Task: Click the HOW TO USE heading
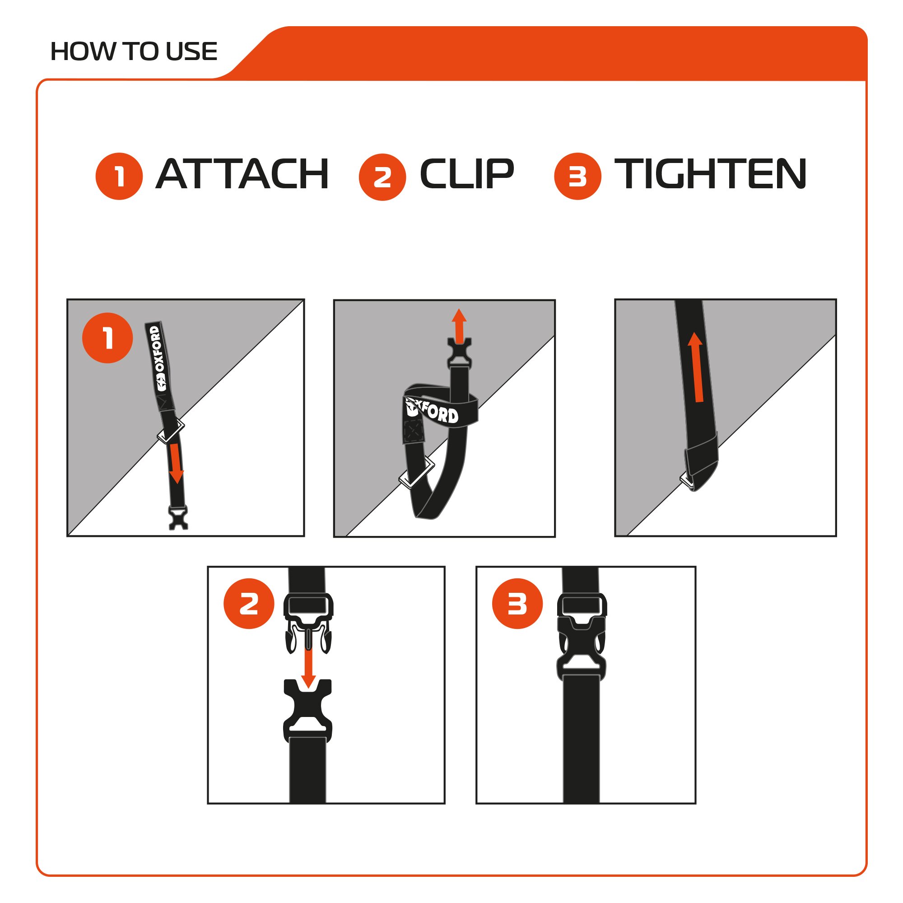134,51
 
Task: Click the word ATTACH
242,174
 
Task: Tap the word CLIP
466,174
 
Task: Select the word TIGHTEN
710,174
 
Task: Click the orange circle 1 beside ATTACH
119,176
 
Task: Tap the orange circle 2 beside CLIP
382,177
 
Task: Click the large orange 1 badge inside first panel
107,338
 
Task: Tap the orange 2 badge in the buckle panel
249,604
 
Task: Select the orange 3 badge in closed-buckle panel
517,604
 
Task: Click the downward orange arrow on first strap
176,463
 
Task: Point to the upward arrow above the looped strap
459,325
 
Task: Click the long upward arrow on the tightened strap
696,368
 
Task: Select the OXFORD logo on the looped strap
433,411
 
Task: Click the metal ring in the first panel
171,431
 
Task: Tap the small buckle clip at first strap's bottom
178,518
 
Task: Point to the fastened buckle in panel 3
581,637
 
